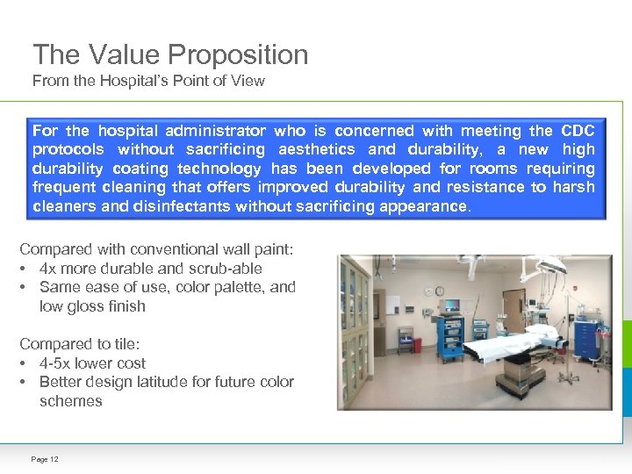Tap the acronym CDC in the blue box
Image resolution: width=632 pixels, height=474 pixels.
(577, 131)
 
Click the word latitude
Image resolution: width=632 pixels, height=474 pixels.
(178, 382)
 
